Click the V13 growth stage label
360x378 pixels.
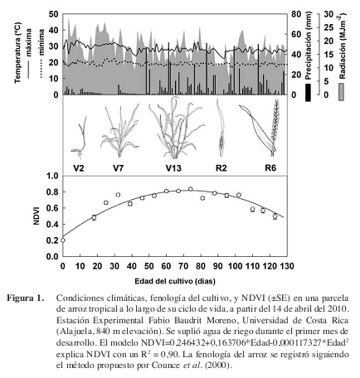(x=173, y=167)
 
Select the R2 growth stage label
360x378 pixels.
(x=221, y=167)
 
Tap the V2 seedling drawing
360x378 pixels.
(x=80, y=138)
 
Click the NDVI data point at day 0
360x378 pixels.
(x=63, y=240)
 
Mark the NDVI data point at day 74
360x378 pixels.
(x=191, y=189)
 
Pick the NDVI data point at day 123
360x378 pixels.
(x=275, y=216)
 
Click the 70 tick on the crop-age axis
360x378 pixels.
(x=183, y=266)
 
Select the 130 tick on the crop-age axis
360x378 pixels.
(x=287, y=266)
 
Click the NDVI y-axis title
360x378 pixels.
(x=36, y=216)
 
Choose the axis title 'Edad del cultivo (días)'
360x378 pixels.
(x=175, y=281)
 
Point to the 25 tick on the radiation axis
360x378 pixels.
(x=329, y=27)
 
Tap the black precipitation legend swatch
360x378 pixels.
(x=309, y=93)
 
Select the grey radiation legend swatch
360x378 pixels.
(x=342, y=92)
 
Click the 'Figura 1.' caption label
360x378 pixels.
(x=26, y=298)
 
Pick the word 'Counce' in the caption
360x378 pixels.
(x=166, y=366)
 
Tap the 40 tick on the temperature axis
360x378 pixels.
(x=54, y=30)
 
